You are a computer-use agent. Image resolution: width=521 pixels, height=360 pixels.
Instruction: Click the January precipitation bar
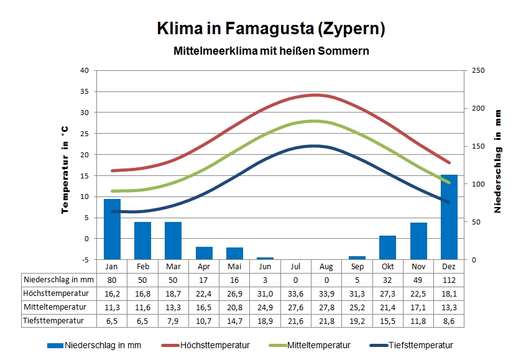pos(112,229)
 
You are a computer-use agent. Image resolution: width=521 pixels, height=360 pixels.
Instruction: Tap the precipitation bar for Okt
pos(387,247)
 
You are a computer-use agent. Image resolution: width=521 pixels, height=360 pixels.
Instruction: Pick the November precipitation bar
pos(418,241)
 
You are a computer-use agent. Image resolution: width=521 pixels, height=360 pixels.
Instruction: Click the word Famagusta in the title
pos(269,29)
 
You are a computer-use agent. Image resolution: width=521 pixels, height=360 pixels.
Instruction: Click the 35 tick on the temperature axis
pos(84,91)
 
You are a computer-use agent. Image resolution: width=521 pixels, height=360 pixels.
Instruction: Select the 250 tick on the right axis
pos(477,70)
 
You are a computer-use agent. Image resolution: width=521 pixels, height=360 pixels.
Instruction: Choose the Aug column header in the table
pos(326,266)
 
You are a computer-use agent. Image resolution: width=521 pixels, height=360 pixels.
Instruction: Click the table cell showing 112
pos(449,280)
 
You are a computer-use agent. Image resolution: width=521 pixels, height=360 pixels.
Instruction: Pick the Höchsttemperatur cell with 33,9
pos(326,293)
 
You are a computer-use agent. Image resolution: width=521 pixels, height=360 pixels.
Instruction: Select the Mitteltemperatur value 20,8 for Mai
pos(234,307)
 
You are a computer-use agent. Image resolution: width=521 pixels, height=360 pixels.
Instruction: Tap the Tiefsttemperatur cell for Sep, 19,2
pos(357,321)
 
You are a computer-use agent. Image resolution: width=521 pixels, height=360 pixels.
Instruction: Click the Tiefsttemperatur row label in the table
pos(54,321)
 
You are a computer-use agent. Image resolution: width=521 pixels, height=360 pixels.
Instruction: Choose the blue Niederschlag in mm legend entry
pos(93,345)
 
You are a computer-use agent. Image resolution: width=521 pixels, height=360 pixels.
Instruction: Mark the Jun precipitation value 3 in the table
pos(265,280)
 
